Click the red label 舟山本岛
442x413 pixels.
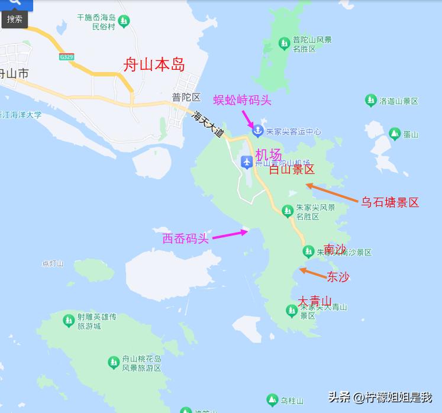pos(154,64)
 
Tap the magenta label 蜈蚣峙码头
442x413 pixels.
pos(242,100)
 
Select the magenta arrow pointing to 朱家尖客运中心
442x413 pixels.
pos(248,118)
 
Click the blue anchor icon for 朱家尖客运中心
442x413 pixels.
pos(257,131)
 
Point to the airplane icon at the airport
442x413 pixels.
pos(247,161)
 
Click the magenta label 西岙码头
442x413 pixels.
pos(186,238)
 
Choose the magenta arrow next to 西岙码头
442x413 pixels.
pos(230,235)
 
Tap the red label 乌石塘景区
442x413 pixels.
pos(390,202)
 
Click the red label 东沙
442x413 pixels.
pos(338,276)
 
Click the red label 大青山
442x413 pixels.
pos(314,301)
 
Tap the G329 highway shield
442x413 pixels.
pos(66,57)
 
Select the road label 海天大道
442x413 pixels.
pos(209,125)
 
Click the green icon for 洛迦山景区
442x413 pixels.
pos(371,101)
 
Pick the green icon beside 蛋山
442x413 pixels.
pos(394,134)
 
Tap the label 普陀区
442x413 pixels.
pos(186,98)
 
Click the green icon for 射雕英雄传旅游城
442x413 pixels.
pos(69,321)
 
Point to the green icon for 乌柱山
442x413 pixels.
pos(272,401)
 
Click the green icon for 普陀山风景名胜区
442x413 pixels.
pos(285,43)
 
